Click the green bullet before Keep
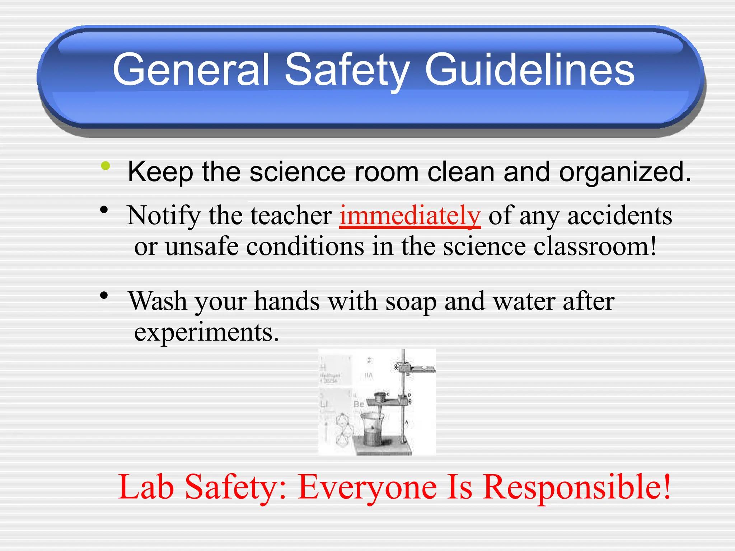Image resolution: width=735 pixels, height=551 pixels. point(106,165)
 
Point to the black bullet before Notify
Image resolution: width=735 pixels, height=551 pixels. point(104,209)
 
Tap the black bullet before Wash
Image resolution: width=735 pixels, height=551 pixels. point(104,295)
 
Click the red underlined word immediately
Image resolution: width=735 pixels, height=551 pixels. point(410,216)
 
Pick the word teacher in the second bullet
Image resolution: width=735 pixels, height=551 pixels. point(291,216)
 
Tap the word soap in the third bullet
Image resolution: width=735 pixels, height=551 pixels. point(411,301)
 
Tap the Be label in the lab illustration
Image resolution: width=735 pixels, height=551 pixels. point(359,404)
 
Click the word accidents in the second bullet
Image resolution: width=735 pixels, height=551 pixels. point(619,216)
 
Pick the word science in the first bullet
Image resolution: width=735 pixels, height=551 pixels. point(298,172)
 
